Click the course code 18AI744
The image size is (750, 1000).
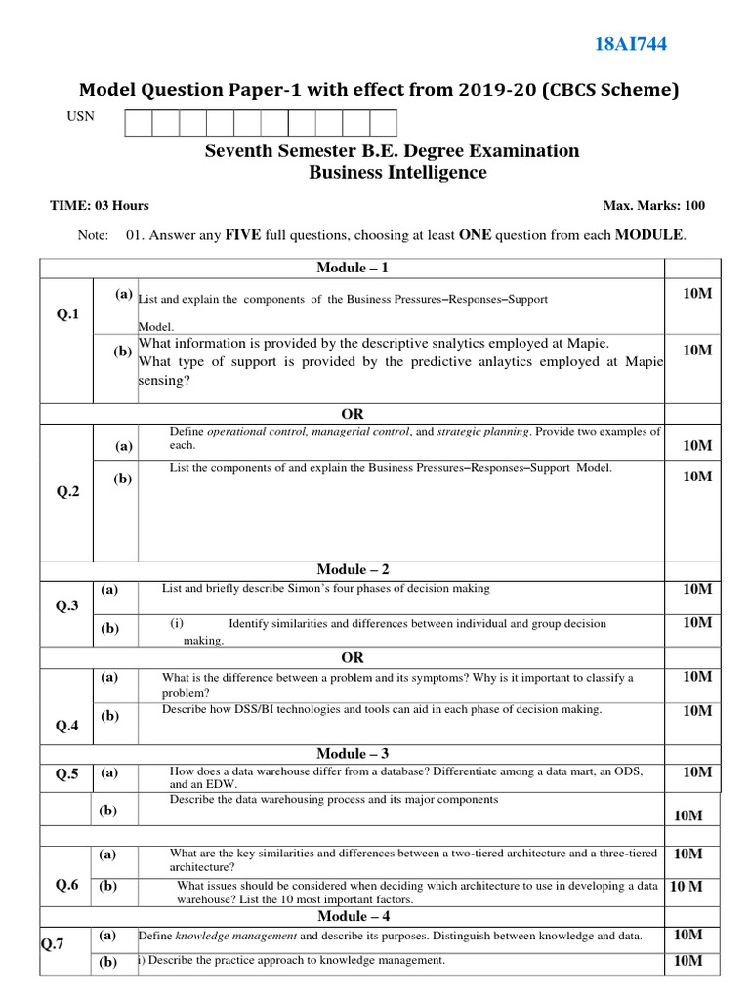[x=631, y=43]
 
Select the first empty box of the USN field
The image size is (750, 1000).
[x=138, y=122]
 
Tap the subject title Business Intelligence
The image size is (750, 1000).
[x=397, y=173]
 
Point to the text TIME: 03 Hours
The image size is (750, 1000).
[x=100, y=206]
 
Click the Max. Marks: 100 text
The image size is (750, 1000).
[x=654, y=206]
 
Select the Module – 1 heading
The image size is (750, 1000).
[x=353, y=268]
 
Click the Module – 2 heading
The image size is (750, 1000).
[x=353, y=569]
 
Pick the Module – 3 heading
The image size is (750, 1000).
[x=353, y=753]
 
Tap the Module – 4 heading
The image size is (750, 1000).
[x=353, y=916]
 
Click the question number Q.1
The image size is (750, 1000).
[x=67, y=313]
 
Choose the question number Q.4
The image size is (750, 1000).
[x=67, y=726]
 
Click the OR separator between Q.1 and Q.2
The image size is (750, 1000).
[x=353, y=414]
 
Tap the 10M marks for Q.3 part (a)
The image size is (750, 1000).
[x=697, y=589]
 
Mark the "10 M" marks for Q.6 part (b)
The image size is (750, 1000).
[x=687, y=886]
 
